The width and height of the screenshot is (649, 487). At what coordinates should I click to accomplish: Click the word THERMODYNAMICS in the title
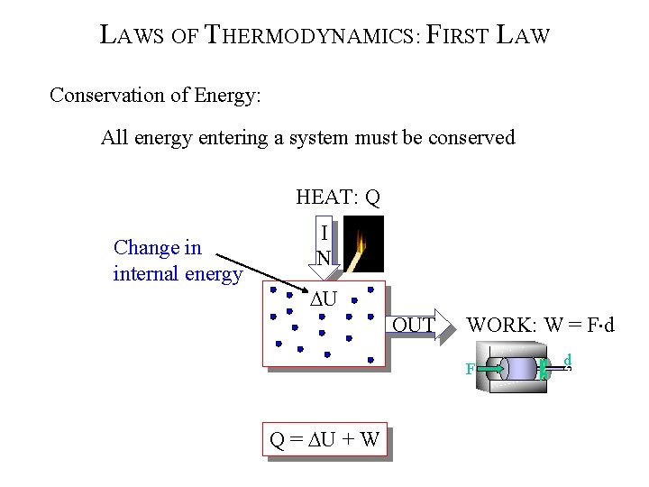point(310,37)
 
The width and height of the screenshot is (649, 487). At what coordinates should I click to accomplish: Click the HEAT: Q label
point(337,197)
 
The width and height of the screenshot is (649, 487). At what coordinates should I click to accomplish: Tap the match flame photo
point(365,243)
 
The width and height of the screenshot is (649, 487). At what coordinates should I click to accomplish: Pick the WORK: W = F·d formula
point(540,325)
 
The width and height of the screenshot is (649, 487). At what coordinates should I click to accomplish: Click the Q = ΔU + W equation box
point(324,441)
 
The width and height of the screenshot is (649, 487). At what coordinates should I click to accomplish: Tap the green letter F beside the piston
point(470,368)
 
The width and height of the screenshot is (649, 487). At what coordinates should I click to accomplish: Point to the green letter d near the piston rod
point(567,362)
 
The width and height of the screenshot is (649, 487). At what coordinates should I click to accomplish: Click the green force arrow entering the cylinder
point(489,368)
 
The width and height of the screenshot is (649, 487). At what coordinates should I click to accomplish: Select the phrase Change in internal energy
point(178,261)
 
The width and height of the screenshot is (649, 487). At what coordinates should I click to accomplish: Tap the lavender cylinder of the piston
point(518,369)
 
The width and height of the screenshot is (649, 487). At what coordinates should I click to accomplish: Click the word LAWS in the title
point(131,37)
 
